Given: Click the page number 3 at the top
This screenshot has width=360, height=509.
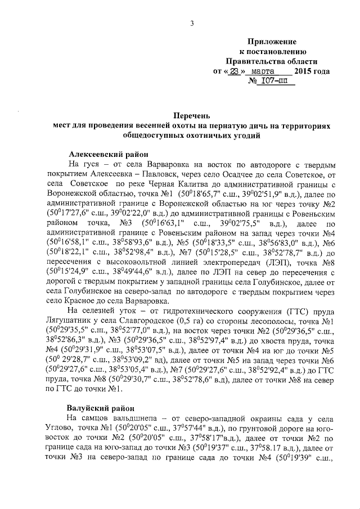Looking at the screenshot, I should coord(192,23).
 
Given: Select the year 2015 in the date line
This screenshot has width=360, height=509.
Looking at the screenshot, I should coord(305,71).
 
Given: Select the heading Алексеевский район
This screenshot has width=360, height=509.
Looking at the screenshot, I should coord(106,154).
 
